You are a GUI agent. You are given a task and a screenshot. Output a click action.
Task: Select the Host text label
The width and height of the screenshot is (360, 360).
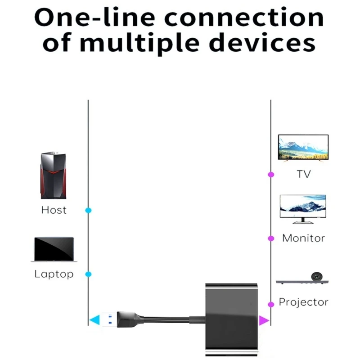(x=54, y=210)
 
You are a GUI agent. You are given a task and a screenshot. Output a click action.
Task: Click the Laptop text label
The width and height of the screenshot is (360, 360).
(x=54, y=274)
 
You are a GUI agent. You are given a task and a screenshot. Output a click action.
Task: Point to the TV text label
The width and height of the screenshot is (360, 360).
(x=304, y=174)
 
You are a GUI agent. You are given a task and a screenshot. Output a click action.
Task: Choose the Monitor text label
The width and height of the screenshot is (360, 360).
(x=303, y=238)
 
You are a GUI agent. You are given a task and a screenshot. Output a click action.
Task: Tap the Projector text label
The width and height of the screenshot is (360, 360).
(x=304, y=302)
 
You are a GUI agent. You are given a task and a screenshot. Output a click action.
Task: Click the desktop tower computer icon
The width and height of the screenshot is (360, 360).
(x=54, y=175)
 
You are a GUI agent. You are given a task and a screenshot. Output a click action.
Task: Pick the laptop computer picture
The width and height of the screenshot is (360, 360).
(x=54, y=249)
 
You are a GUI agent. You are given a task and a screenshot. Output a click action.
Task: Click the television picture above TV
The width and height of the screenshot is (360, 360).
(x=303, y=148)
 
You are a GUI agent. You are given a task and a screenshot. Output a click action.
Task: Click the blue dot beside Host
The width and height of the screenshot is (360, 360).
(x=89, y=210)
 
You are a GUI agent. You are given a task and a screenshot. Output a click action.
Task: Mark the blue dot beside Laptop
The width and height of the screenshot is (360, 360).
(x=89, y=274)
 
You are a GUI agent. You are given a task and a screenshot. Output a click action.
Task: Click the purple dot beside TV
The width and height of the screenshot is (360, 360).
(x=271, y=174)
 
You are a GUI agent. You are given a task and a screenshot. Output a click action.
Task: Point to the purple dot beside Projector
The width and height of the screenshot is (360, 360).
(x=271, y=304)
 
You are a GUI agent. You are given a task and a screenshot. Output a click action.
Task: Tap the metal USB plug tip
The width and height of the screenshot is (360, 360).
(x=108, y=320)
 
